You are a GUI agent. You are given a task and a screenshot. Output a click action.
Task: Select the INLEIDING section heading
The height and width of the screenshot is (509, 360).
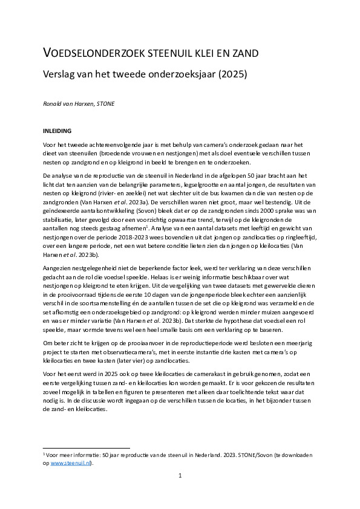pos(57,130)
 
